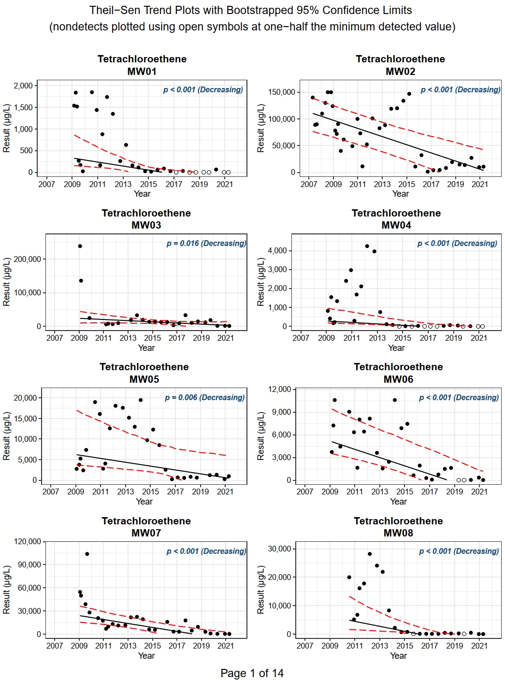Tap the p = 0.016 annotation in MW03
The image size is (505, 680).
tap(206, 243)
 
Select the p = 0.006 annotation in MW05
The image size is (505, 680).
tap(204, 397)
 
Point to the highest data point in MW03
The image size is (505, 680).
tap(80, 246)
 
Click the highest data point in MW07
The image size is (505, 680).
tap(87, 554)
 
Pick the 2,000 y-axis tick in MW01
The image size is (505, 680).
tap(23, 86)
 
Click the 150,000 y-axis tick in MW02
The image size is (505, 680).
tap(281, 92)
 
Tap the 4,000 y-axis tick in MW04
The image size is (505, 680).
tap(277, 250)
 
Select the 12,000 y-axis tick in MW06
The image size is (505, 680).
tap(280, 389)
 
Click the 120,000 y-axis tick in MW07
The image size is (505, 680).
tap(28, 541)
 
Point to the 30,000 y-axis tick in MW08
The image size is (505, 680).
tap(280, 549)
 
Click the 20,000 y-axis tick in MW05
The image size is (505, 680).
tap(25, 398)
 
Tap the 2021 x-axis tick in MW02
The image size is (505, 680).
tap(480, 184)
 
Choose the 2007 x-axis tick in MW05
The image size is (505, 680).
tap(51, 492)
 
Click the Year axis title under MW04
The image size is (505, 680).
tap(396, 348)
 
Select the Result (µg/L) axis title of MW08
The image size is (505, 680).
tap(260, 590)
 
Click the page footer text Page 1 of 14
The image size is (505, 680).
tap(252, 673)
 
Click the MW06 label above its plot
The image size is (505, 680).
tap(398, 379)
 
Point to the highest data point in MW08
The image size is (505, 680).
tap(370, 554)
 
